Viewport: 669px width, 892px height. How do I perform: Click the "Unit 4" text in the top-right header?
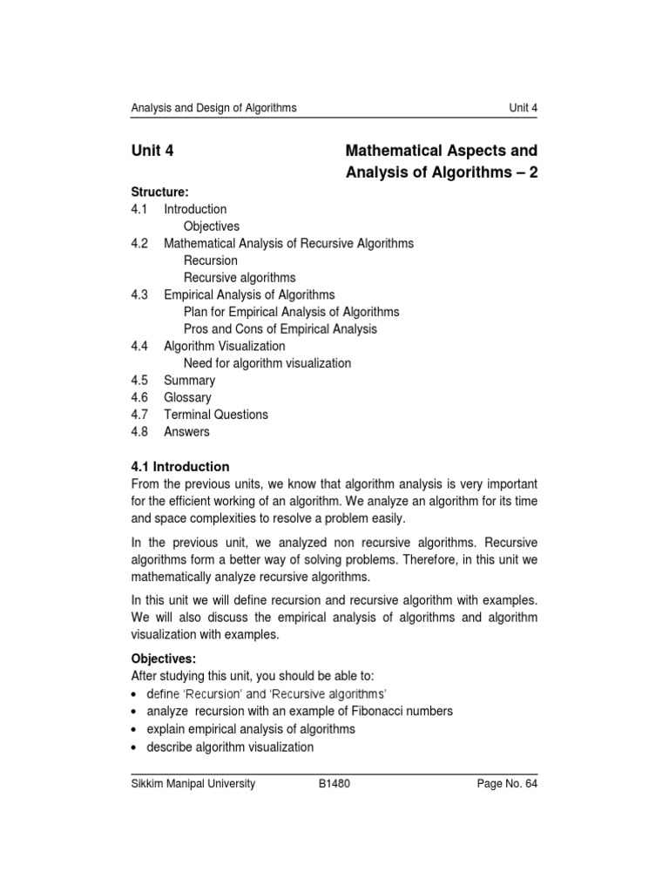coord(523,108)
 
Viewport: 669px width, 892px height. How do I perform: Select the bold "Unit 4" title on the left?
coord(152,151)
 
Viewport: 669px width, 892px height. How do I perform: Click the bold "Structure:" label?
coord(160,192)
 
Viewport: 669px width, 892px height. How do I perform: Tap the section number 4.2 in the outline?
coord(140,243)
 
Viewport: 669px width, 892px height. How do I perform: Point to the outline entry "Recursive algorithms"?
coord(240,278)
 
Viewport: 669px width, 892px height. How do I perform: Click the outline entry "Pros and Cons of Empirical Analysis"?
coord(280,329)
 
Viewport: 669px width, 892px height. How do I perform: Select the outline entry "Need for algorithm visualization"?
coord(267,363)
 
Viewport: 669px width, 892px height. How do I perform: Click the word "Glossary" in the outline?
coord(187,397)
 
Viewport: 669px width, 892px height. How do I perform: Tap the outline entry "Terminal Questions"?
coord(216,415)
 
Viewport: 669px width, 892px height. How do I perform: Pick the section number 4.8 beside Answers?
coord(140,431)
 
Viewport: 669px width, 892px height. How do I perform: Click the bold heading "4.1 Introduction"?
coord(180,466)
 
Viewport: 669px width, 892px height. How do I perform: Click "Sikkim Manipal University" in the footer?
coord(193,784)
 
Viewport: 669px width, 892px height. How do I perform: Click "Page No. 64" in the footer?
coord(507,784)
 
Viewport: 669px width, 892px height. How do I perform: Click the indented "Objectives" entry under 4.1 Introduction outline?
coord(212,226)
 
